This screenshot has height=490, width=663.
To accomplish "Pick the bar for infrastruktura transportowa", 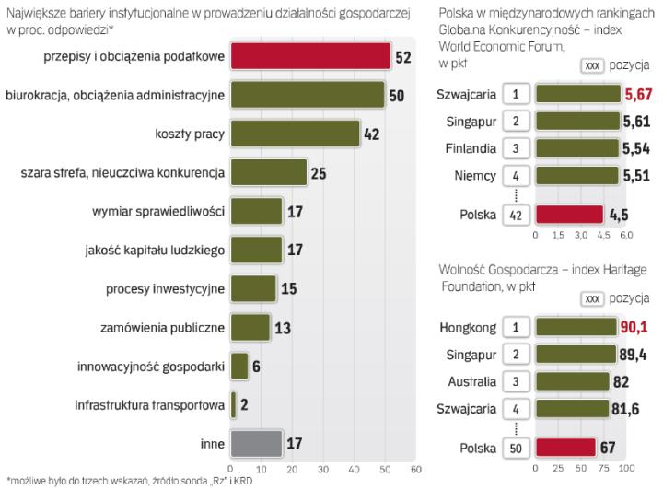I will point(234,404).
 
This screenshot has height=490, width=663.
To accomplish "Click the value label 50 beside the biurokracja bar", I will point(398,96).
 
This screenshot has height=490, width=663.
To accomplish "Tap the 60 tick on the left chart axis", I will point(415,469).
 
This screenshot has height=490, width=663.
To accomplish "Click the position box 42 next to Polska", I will point(516,215).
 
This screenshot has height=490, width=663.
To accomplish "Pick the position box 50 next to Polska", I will point(516,448).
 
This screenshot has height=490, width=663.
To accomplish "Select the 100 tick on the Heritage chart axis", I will point(627,469).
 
